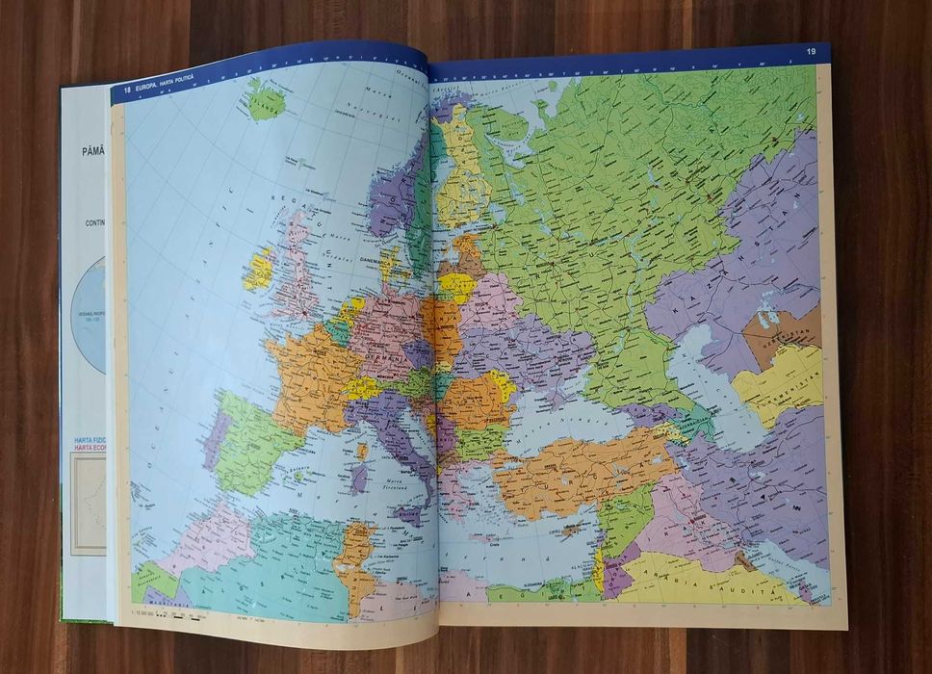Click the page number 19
pos(811,51)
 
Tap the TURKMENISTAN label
pos(782,378)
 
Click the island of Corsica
pos(362,450)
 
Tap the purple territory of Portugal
pos(215,439)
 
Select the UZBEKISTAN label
pos(782,331)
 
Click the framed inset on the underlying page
pos(88,501)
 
